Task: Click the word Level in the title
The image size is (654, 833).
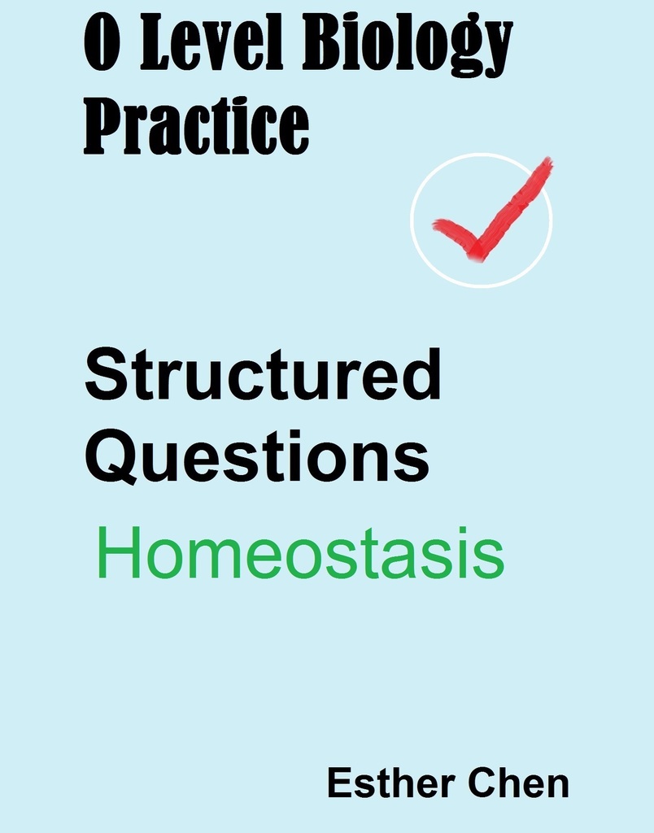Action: tap(211, 49)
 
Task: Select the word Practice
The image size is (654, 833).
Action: tap(196, 126)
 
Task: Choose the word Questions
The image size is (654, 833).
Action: tap(256, 459)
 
